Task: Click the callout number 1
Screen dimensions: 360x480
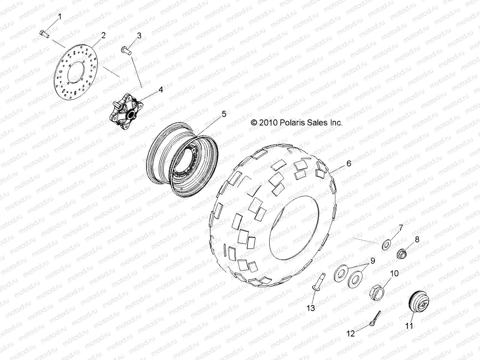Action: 59,17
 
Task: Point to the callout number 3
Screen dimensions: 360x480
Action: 139,36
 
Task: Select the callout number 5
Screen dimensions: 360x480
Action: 224,114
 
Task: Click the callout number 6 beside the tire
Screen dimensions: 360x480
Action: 349,163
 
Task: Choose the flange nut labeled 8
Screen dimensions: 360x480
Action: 402,254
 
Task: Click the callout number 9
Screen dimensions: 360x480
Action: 372,260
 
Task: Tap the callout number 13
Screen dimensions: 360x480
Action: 311,308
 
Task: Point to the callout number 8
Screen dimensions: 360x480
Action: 417,231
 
